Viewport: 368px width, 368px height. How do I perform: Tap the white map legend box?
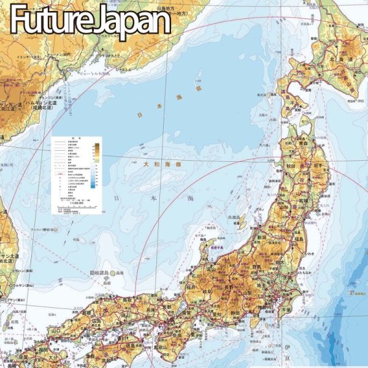77,174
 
